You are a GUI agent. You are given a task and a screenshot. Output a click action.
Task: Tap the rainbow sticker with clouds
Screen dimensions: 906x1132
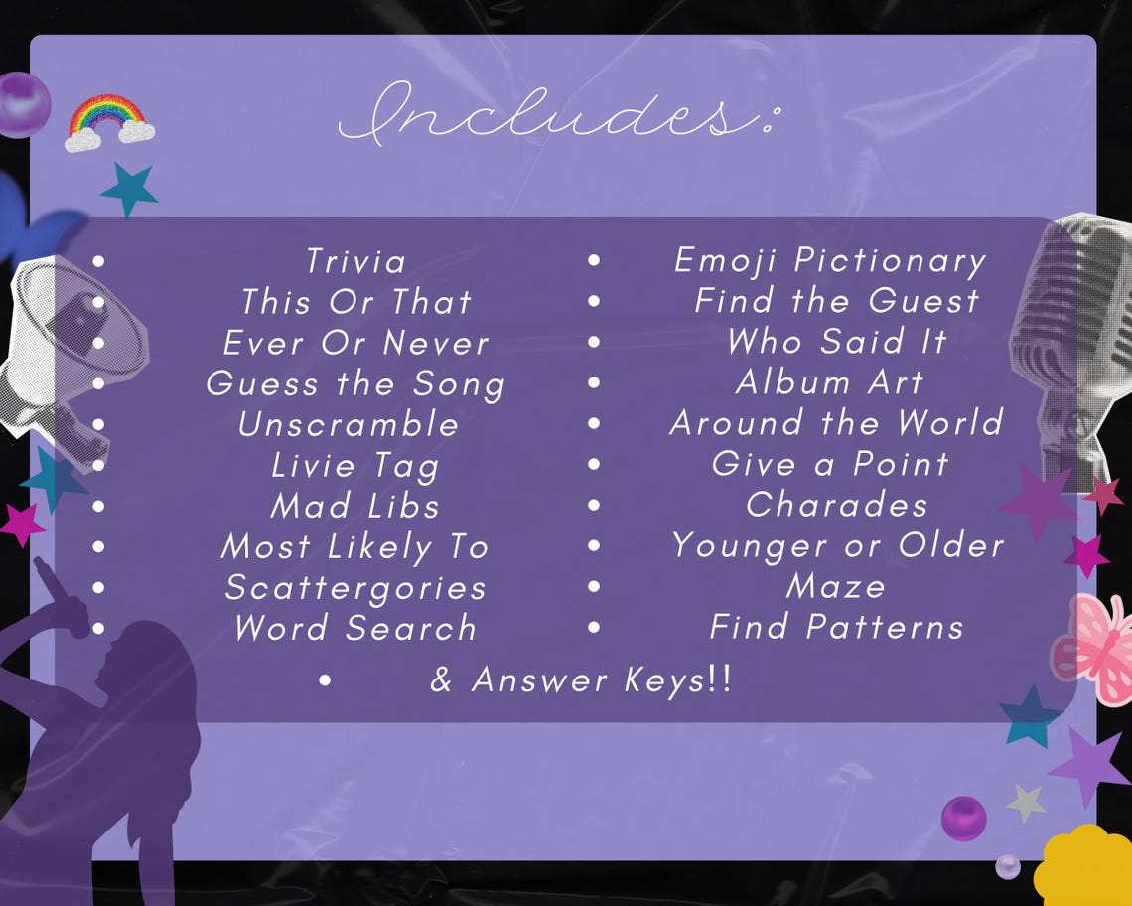coord(109,122)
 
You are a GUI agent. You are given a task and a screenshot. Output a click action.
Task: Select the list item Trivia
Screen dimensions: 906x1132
coord(355,261)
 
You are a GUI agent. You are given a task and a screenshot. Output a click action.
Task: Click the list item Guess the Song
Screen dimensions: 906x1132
coord(355,384)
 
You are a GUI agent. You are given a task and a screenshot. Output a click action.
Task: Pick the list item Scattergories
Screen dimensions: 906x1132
coord(355,587)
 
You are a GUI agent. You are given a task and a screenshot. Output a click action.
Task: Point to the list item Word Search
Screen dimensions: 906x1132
coord(355,628)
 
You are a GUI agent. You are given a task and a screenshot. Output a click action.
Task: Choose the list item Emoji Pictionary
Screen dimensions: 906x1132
coord(830,260)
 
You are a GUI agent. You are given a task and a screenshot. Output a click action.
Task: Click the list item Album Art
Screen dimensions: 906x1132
coord(830,381)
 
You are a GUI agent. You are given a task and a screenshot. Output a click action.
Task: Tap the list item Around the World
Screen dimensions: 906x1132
coord(836,423)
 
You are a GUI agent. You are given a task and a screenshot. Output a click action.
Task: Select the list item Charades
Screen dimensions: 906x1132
coord(836,505)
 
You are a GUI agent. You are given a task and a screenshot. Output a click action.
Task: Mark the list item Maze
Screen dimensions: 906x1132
coord(836,586)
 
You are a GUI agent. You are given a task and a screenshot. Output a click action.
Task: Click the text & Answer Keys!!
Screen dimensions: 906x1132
coord(581,680)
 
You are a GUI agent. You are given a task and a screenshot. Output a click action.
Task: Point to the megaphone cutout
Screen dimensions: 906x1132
coord(70,343)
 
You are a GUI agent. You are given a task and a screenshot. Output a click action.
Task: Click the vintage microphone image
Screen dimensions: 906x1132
coord(1067,338)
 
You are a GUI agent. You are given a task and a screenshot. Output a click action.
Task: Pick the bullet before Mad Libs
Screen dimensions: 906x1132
coord(98,506)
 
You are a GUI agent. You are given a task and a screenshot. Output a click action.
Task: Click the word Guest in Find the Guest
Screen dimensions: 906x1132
coord(923,301)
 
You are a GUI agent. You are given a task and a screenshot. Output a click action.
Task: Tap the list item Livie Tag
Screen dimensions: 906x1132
coord(355,465)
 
